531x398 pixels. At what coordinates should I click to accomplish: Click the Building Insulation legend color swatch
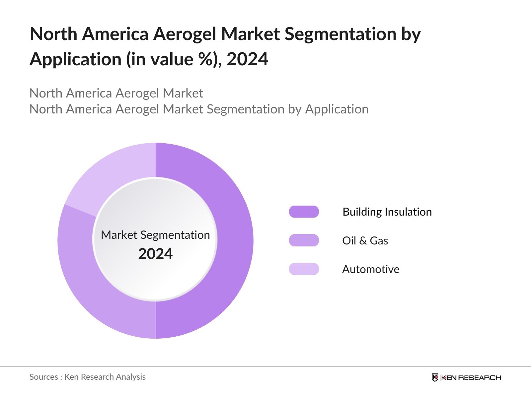[x=304, y=212]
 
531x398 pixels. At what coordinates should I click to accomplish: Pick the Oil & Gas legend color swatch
[x=304, y=240]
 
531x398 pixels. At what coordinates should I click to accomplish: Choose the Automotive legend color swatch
[x=304, y=269]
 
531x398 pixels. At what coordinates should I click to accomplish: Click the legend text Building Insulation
[x=387, y=212]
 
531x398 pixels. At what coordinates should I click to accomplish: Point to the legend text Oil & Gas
[x=365, y=240]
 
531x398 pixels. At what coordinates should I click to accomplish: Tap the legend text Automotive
[x=371, y=269]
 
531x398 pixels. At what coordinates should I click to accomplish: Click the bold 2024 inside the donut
[x=155, y=254]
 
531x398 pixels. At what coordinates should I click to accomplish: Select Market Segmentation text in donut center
[x=155, y=235]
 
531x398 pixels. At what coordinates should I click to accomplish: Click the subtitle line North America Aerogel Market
[x=116, y=93]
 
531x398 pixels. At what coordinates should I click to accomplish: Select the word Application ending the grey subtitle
[x=337, y=109]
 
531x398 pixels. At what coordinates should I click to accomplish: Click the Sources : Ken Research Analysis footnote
[x=87, y=377]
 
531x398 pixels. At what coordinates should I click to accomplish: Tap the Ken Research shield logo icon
[x=435, y=377]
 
